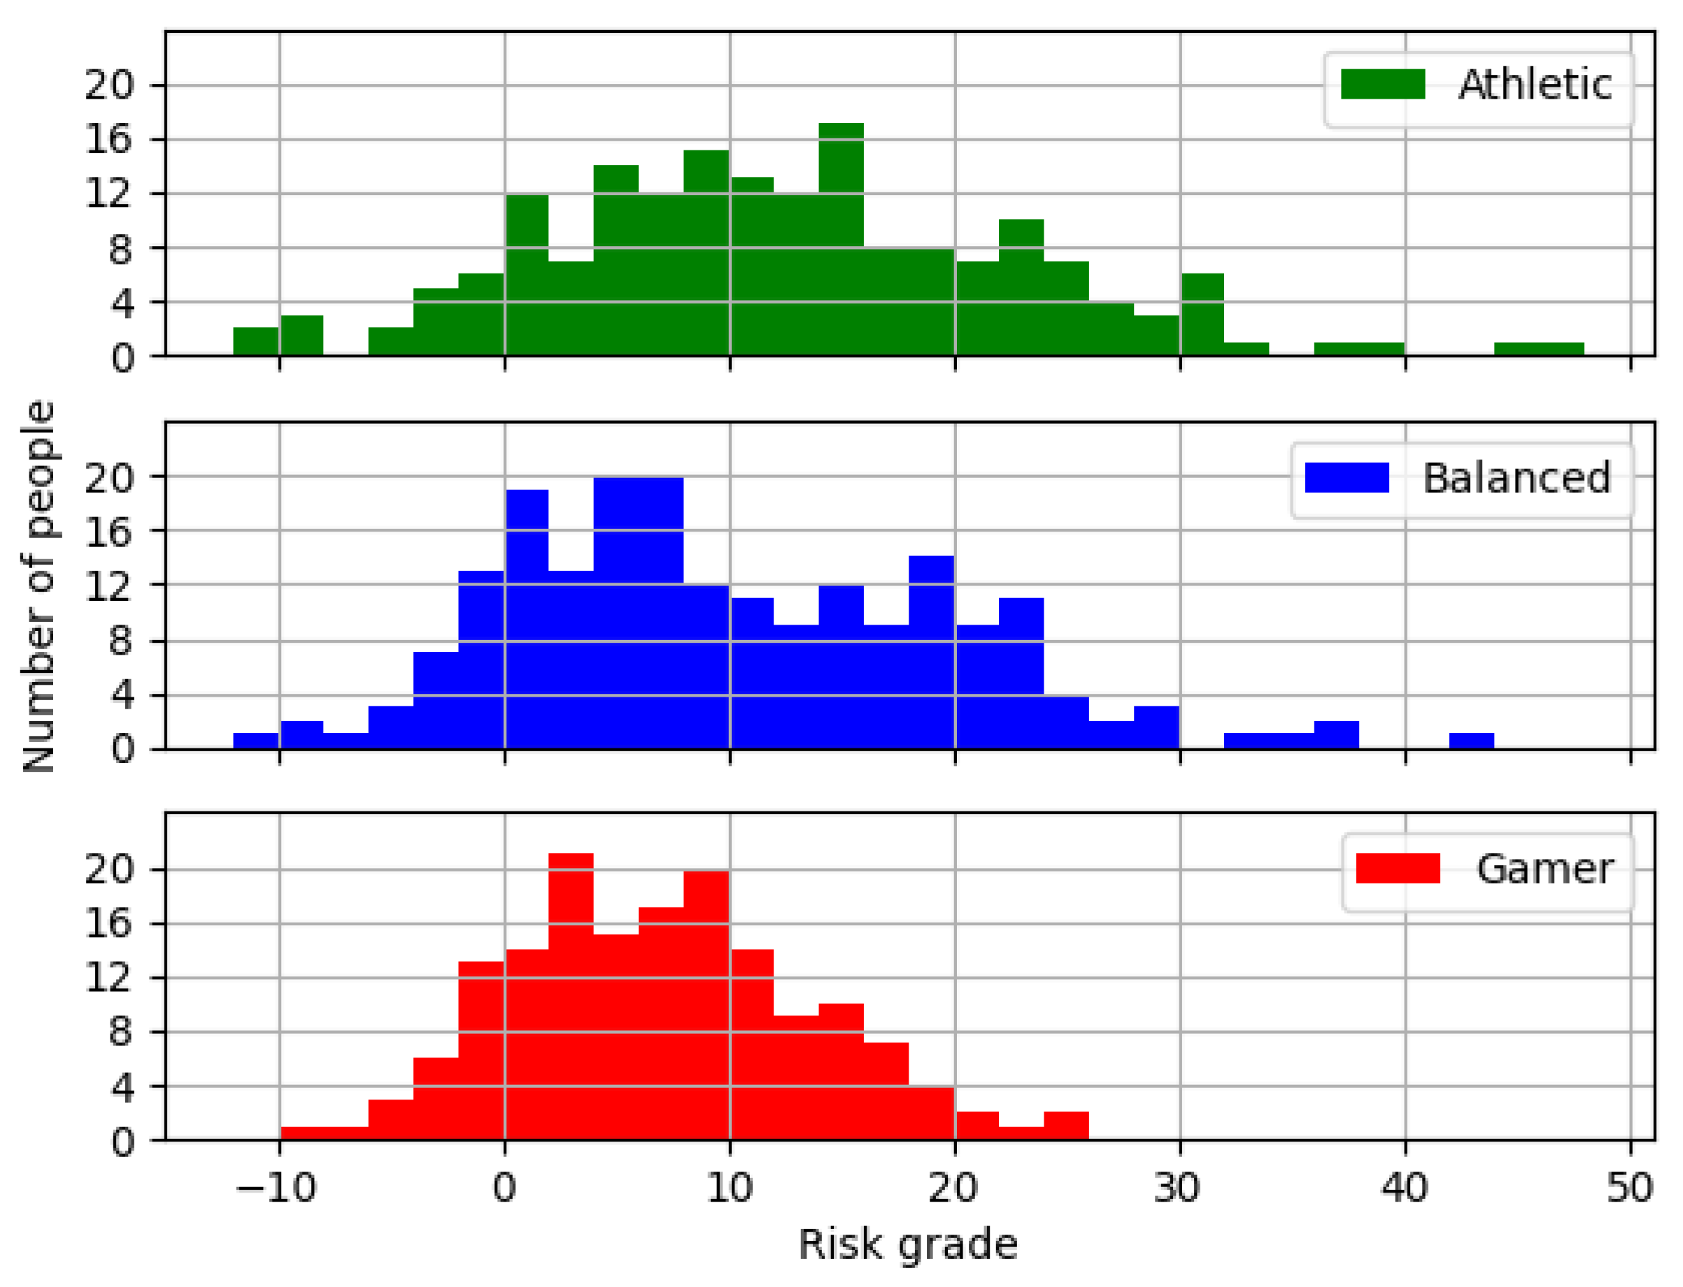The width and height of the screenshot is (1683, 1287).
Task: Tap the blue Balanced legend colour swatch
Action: [1346, 477]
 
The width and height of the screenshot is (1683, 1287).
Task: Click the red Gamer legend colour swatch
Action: [1398, 869]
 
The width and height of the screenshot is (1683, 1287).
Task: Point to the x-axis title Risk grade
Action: [908, 1244]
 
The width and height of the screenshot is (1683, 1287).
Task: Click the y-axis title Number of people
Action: [38, 586]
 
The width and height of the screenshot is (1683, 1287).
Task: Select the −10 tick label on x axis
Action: [276, 1188]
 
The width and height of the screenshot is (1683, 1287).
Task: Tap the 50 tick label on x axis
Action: [1628, 1188]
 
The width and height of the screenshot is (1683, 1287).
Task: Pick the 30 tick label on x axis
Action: [1177, 1188]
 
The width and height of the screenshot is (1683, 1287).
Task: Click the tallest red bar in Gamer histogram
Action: [571, 996]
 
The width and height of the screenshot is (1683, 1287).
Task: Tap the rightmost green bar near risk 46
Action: [1538, 349]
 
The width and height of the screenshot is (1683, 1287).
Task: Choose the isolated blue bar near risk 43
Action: [1471, 741]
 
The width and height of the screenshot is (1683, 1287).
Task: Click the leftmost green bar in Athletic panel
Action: [256, 341]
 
